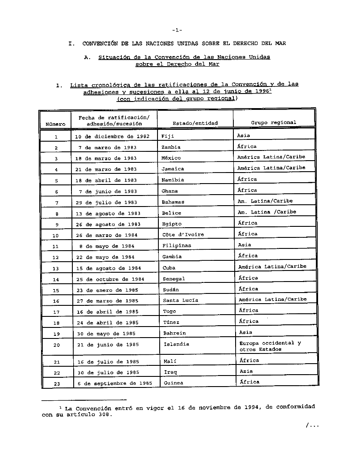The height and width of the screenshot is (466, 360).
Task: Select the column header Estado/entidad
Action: (195, 123)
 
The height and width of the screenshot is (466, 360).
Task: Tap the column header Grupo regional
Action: (274, 122)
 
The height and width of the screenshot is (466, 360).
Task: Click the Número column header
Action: (56, 124)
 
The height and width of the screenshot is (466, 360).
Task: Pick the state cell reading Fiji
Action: (168, 136)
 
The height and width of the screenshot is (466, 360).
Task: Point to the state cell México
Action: (171, 158)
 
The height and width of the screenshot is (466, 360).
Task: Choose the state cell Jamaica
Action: (173, 169)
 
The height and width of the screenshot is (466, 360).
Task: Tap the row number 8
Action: (56, 214)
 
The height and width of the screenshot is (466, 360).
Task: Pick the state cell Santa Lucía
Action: (181, 300)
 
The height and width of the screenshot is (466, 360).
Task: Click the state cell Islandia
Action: (176, 344)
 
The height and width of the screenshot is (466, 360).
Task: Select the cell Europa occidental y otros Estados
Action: (270, 346)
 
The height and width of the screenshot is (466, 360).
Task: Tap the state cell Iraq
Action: (170, 372)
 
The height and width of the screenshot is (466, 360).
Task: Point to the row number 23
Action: (56, 384)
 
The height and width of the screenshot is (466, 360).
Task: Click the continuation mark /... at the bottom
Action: (311, 426)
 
